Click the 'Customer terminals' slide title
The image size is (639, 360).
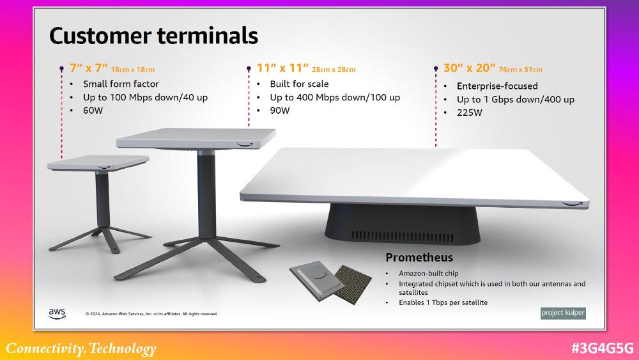click(153, 36)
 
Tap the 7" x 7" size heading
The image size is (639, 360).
click(88, 68)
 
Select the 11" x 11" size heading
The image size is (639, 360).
click(282, 68)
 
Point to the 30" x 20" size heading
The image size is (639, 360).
click(470, 68)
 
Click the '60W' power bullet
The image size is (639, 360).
click(93, 111)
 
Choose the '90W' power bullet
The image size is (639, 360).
click(280, 111)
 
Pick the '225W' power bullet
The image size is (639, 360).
click(470, 113)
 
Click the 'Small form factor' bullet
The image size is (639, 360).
click(121, 84)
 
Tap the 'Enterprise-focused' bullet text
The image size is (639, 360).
click(497, 86)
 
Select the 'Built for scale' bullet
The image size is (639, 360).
click(299, 84)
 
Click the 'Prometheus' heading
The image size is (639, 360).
click(419, 258)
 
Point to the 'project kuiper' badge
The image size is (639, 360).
click(563, 313)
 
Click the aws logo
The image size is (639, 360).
click(57, 313)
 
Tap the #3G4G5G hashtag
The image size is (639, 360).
click(603, 348)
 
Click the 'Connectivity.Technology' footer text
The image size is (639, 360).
click(81, 348)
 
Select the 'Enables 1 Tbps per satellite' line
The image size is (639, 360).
click(443, 302)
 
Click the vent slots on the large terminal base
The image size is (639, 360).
click(402, 236)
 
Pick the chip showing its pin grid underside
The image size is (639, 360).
click(353, 284)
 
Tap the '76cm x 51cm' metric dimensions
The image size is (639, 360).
click(520, 70)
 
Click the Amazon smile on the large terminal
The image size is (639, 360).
click(572, 203)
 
